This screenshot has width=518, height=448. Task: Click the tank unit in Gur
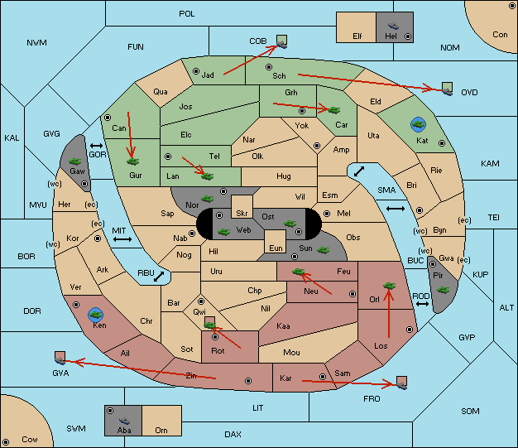click(x=132, y=161)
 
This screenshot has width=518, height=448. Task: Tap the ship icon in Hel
click(x=393, y=26)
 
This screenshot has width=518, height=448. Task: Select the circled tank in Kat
click(x=418, y=124)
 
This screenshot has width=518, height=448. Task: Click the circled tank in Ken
click(x=96, y=315)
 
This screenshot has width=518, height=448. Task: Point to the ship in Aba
click(x=124, y=421)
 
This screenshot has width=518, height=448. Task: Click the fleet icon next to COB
click(x=282, y=41)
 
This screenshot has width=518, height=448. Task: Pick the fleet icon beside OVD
click(x=448, y=89)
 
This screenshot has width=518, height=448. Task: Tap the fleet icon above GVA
click(x=60, y=358)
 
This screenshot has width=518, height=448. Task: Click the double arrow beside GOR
click(x=97, y=146)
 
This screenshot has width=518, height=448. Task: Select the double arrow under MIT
click(x=122, y=239)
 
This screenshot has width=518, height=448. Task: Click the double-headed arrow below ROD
click(x=422, y=304)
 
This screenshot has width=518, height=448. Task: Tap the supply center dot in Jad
click(x=196, y=71)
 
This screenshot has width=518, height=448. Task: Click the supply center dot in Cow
click(x=6, y=441)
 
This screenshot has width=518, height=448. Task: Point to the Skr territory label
click(x=242, y=214)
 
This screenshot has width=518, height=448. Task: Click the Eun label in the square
click(x=276, y=248)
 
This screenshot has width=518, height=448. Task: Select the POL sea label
click(x=187, y=14)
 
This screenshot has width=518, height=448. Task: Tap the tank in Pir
click(x=443, y=290)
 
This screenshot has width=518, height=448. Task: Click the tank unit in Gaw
click(x=75, y=161)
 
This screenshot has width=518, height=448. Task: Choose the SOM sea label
click(x=470, y=411)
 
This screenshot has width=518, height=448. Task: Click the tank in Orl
click(x=389, y=286)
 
